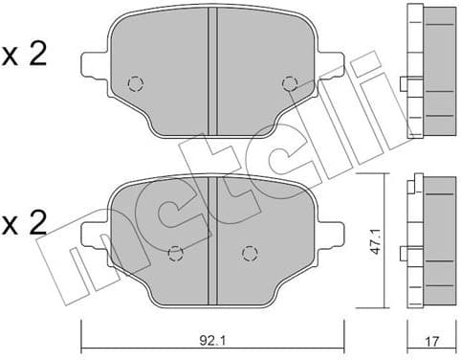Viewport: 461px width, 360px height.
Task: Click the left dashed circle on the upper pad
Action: coord(135,83)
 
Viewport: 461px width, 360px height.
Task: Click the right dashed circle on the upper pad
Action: coord(289,83)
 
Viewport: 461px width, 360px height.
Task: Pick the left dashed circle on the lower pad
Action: coord(174,254)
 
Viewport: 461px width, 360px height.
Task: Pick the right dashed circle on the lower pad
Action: coord(249,254)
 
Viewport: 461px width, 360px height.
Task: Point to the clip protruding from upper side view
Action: coord(403,84)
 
